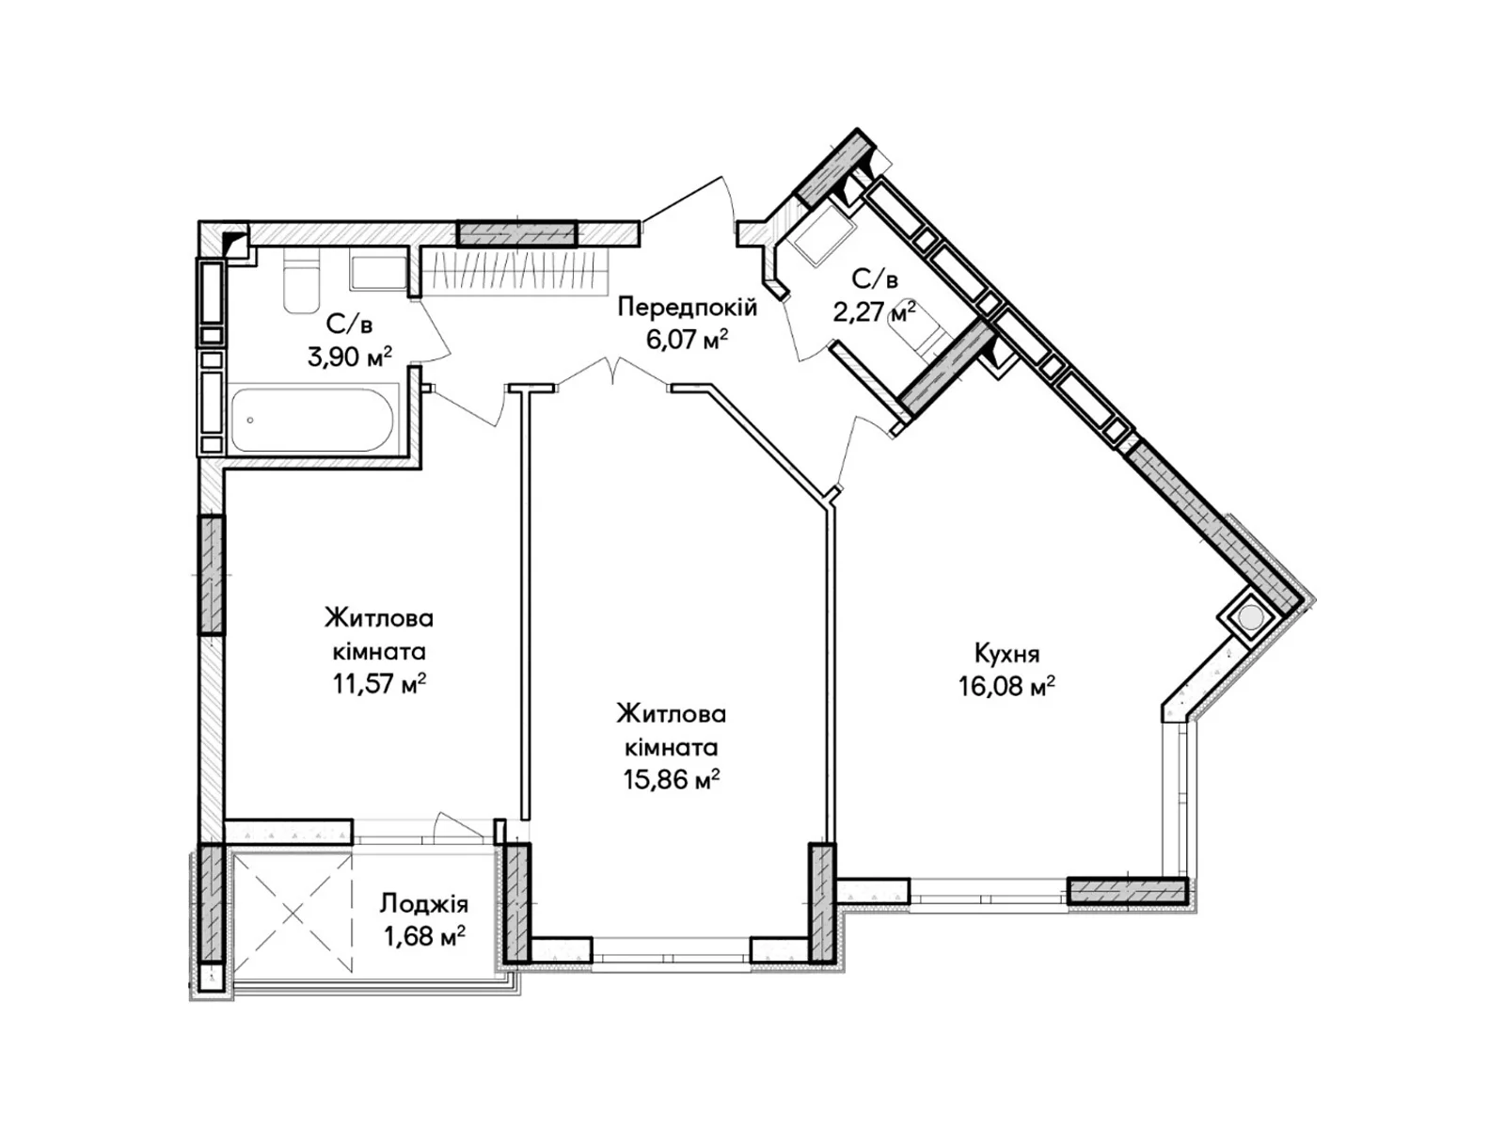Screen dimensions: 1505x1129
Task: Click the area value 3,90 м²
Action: (x=350, y=357)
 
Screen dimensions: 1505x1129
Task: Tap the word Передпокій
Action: (x=687, y=308)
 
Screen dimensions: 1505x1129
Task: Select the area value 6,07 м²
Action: (x=687, y=340)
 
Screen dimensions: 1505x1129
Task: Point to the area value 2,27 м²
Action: (x=874, y=313)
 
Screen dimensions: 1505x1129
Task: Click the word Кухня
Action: (x=1006, y=654)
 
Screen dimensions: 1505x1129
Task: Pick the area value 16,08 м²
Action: (x=1006, y=686)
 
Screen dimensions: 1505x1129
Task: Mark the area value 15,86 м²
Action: (x=672, y=779)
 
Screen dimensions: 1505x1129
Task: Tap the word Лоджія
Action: (x=423, y=904)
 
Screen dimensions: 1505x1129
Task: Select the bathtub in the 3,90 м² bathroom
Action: (x=312, y=421)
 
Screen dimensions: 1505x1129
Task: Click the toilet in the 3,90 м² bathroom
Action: (x=302, y=280)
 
